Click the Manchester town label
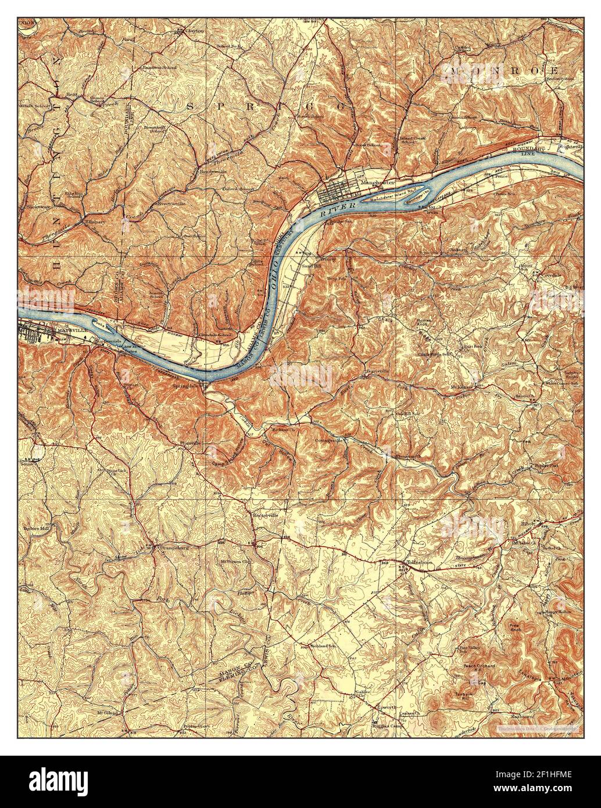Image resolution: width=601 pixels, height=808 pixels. (x=377, y=183)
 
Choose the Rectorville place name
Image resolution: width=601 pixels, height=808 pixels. (x=264, y=515)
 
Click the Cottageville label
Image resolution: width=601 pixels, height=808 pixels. (x=330, y=440)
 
